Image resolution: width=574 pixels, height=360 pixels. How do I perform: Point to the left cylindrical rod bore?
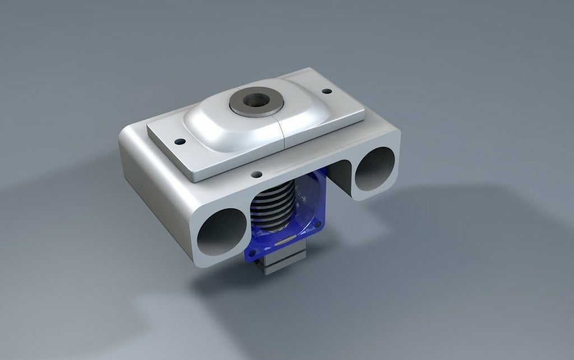(222, 232)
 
